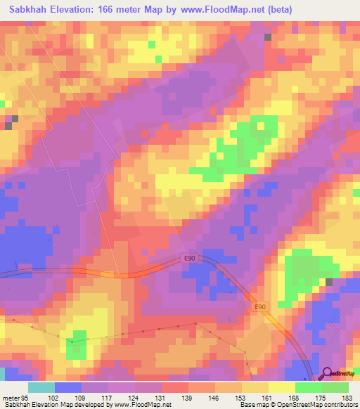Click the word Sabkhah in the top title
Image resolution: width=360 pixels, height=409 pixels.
pyautogui.click(x=30, y=10)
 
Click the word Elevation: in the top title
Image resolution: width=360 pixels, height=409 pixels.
pyautogui.click(x=83, y=10)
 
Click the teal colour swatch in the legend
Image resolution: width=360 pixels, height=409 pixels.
pyautogui.click(x=41, y=387)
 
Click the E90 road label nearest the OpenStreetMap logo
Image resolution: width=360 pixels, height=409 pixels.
pyautogui.click(x=260, y=307)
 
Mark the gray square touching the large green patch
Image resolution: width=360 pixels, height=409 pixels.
pyautogui.click(x=328, y=282)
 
